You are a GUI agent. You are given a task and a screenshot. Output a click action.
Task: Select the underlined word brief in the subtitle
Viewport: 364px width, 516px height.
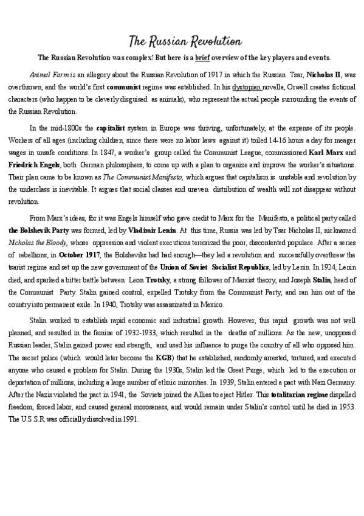(203, 58)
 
